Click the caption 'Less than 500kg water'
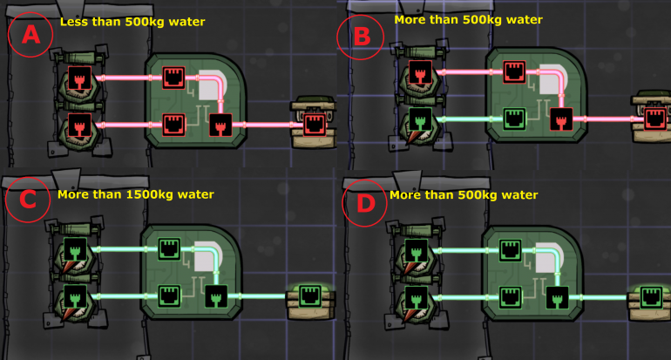132,21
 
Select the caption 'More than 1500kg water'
135,194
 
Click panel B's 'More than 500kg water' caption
468,18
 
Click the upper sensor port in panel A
82,77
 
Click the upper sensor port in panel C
76,248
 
